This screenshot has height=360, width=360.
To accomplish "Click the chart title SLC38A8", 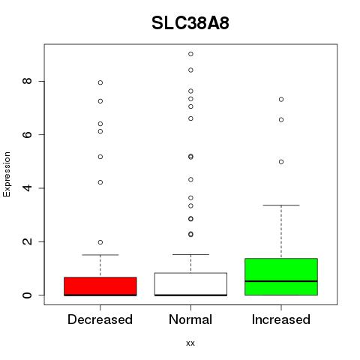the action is click(190, 23).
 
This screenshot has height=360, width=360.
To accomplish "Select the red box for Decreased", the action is click(100, 286).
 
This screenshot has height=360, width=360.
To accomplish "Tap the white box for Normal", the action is click(190, 284).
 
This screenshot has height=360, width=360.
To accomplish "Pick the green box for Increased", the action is click(281, 277).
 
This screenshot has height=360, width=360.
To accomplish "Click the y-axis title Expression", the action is click(7, 174).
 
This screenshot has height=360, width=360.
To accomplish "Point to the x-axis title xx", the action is click(190, 343).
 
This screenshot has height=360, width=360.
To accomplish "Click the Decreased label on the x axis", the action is click(100, 319).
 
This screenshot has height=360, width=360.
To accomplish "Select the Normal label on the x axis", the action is click(190, 319).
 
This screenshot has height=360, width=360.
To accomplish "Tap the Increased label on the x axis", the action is click(281, 319).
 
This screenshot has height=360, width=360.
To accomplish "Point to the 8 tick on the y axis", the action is click(27, 81).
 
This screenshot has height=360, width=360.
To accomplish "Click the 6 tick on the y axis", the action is click(27, 134).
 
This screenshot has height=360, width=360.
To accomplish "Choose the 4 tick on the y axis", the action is click(27, 188).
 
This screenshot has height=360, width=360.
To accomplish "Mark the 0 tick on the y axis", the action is click(27, 295).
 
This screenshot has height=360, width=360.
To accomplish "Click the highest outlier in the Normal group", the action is click(190, 54).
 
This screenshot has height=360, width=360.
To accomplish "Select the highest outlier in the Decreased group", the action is click(100, 82).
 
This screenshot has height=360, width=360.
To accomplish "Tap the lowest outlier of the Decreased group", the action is click(100, 242).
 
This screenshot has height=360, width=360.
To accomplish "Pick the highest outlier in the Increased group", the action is click(281, 100).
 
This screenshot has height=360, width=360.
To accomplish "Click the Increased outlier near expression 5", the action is click(281, 162).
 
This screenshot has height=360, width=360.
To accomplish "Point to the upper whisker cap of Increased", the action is click(281, 205).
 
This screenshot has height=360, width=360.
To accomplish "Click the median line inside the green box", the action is click(281, 281).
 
